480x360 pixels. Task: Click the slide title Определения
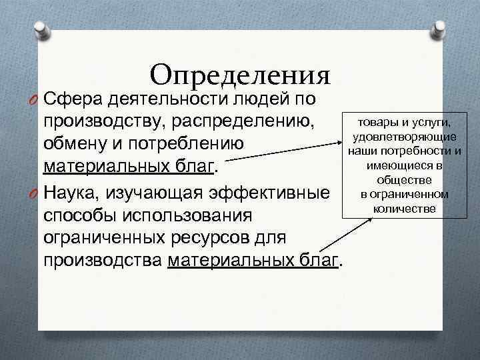[x=241, y=74]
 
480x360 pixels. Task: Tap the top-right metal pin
[x=440, y=28]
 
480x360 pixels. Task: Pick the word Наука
[x=71, y=193]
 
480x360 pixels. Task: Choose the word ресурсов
[x=213, y=238]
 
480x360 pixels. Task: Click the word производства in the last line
[x=103, y=261]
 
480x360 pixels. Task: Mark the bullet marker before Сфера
[x=32, y=100]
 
